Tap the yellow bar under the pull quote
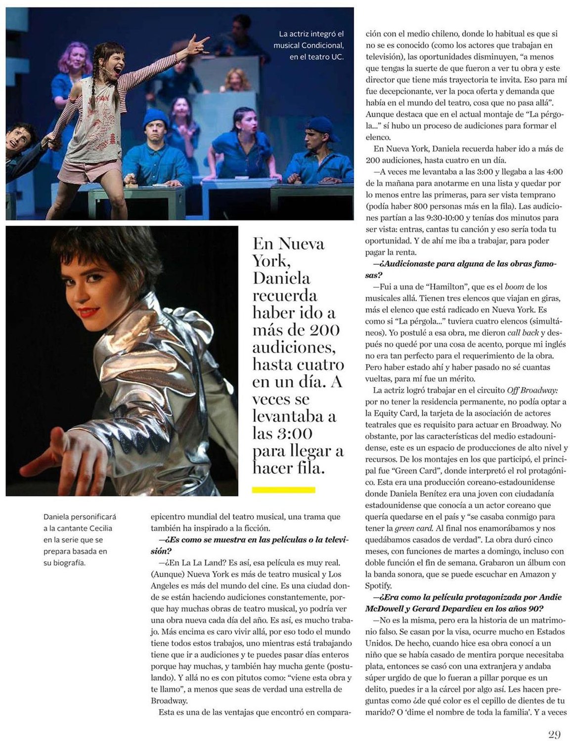[283, 490]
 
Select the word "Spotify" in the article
[379, 585]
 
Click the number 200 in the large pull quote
[325, 330]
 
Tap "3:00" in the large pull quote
[294, 433]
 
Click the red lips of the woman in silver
[88, 313]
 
